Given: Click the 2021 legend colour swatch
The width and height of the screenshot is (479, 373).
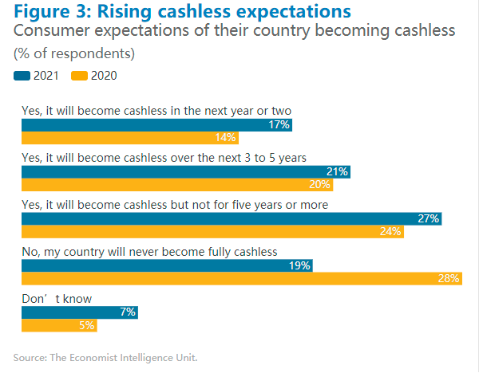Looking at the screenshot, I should (x=22, y=76).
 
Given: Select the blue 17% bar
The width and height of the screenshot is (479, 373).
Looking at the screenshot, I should (x=156, y=125).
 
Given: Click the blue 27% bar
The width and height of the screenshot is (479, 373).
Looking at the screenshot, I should (x=232, y=218).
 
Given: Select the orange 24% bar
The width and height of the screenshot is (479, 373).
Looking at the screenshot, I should (x=212, y=232).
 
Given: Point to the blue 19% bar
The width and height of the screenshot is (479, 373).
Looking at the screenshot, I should (x=167, y=265).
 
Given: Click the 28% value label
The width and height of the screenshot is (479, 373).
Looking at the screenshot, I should (x=448, y=278).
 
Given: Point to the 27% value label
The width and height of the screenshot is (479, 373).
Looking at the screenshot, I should (x=429, y=218).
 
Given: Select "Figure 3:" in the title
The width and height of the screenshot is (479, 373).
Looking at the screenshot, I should (x=53, y=12).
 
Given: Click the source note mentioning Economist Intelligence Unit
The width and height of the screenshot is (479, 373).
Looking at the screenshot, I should (x=105, y=356).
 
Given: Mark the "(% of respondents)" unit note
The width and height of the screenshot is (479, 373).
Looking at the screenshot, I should (x=74, y=54).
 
